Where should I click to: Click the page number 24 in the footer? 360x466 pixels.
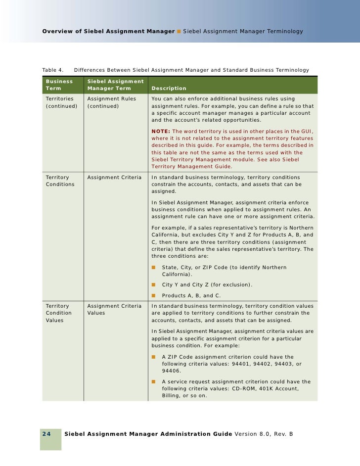(x=46, y=434)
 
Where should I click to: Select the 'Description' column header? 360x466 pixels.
(x=169, y=89)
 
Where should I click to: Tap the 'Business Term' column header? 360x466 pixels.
(x=59, y=85)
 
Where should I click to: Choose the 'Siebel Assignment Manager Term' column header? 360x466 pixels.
(x=115, y=85)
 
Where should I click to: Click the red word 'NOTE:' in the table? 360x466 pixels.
(x=162, y=131)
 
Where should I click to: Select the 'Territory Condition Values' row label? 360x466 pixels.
(x=58, y=313)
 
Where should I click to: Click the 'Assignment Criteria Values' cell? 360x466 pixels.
(x=114, y=309)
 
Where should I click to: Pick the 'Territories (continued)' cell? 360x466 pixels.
(x=61, y=102)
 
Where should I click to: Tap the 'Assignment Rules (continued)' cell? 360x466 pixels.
(x=111, y=102)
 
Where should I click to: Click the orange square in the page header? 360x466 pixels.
(x=179, y=32)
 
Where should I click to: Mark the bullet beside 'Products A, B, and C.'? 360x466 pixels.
(x=154, y=296)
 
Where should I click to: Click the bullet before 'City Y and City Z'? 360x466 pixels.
(x=154, y=284)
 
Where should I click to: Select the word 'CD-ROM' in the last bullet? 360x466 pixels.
(x=241, y=388)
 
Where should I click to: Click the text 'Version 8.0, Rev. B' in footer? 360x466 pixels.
(x=264, y=434)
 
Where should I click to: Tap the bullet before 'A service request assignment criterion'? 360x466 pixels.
(x=154, y=381)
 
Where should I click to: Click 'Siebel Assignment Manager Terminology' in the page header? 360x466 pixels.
(x=243, y=32)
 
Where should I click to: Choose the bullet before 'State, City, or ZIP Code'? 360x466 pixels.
(x=154, y=267)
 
